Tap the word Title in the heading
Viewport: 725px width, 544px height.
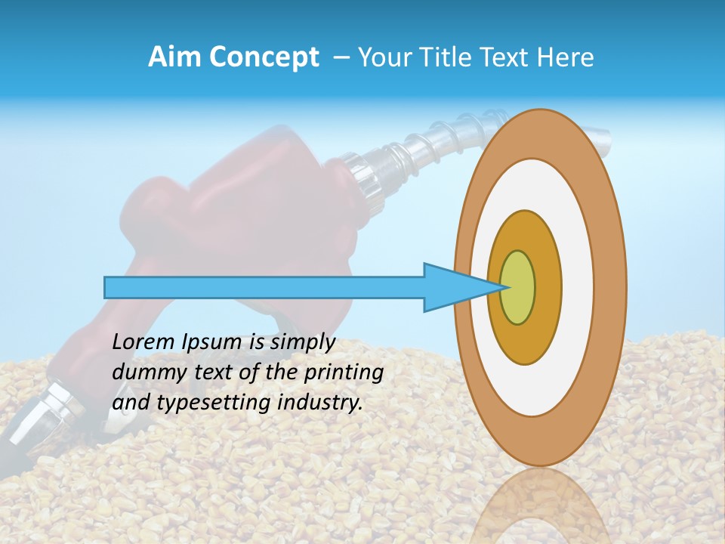point(449,57)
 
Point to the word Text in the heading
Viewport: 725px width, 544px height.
point(508,57)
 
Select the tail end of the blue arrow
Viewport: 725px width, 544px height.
point(108,287)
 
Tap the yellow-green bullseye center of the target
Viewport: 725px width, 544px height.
point(518,287)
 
